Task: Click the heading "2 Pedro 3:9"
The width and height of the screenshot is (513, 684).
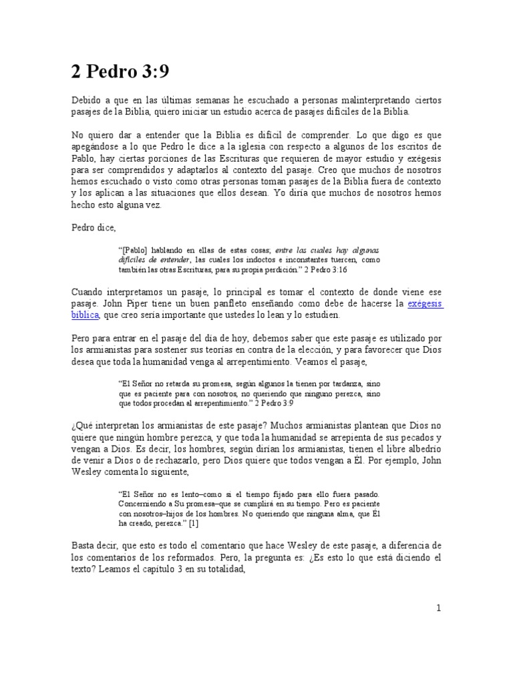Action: pyautogui.click(x=125, y=71)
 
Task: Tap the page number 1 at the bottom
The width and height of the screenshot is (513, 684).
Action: pyautogui.click(x=438, y=608)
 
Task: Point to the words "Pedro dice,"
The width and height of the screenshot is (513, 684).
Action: pyautogui.click(x=94, y=227)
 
